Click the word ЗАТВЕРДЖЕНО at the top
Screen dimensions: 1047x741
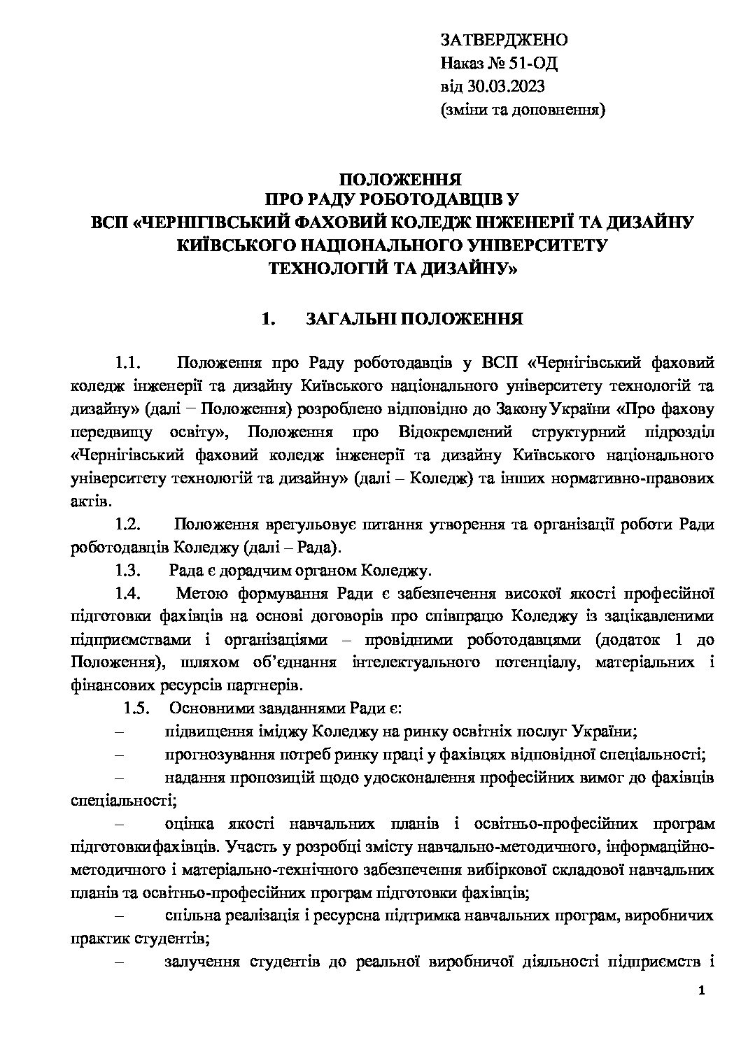pos(504,40)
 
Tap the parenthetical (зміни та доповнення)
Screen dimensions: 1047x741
pos(523,110)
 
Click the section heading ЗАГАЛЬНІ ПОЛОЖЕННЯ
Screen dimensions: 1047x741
pos(414,320)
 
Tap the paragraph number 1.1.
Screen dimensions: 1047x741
pos(129,364)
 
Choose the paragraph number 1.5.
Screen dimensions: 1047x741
pos(137,708)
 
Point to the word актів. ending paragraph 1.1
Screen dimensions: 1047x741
pos(90,501)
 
